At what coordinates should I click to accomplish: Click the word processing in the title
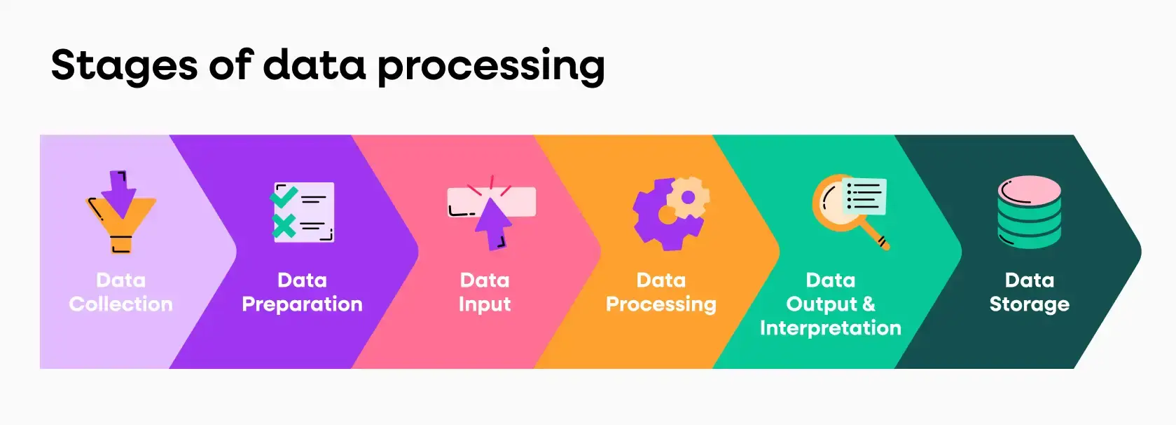(x=491, y=66)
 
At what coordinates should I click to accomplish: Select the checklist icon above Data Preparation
(x=302, y=212)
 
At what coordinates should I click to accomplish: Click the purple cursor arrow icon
(x=493, y=224)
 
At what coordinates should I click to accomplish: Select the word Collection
(x=120, y=304)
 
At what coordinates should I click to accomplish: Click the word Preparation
(x=302, y=304)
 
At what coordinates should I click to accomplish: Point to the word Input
(x=485, y=304)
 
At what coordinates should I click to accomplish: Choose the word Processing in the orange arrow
(x=661, y=304)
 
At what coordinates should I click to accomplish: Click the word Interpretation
(x=831, y=328)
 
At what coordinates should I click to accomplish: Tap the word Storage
(x=1030, y=304)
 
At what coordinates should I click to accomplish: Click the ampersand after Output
(x=869, y=304)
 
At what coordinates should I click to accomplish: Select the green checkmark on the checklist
(x=284, y=197)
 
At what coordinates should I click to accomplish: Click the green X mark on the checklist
(x=284, y=227)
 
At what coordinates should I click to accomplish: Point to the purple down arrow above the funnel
(x=119, y=194)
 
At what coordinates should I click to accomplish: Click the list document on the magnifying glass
(x=864, y=196)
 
